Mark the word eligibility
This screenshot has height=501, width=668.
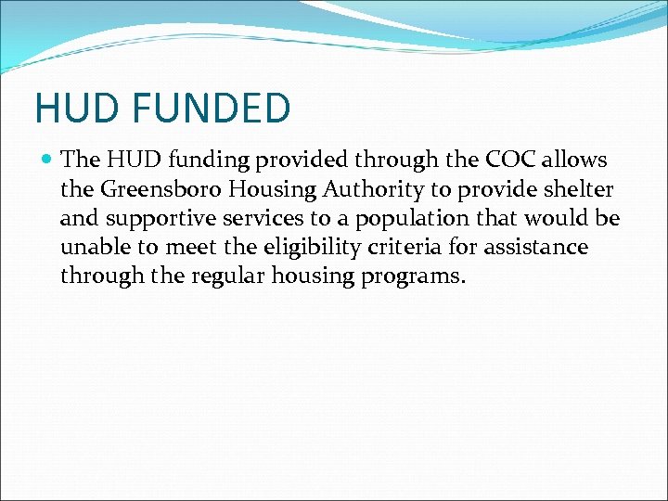[296, 248]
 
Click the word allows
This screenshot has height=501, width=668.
[577, 160]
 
